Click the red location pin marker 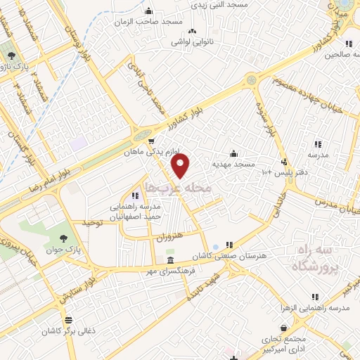pyautogui.click(x=181, y=166)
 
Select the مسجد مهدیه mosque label pyautogui.click(x=233, y=164)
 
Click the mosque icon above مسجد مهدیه pyautogui.click(x=233, y=154)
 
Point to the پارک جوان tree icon pyautogui.click(x=65, y=239)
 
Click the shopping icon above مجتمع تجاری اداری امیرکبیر pyautogui.click(x=283, y=328)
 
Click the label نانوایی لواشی pyautogui.click(x=193, y=41)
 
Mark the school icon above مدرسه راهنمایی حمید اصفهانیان pyautogui.click(x=135, y=196)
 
